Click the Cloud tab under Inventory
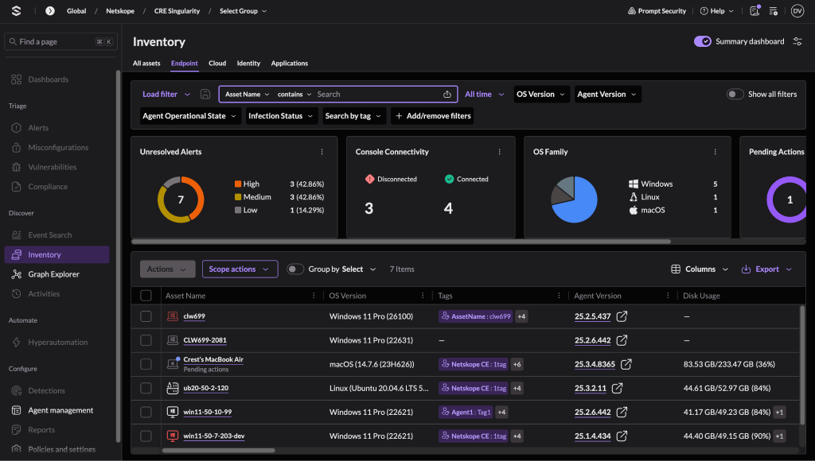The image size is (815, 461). pos(217,64)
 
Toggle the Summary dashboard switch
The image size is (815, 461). pos(702,41)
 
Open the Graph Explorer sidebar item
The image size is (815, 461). pos(53,274)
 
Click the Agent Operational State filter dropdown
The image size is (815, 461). pos(189,116)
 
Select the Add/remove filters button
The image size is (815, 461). pos(433,116)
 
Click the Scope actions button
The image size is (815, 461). pos(240,269)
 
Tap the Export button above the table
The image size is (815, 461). pos(766,269)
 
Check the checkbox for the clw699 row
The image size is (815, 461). pos(146,316)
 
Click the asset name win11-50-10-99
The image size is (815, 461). pos(208,412)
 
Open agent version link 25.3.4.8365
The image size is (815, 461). pos(595,365)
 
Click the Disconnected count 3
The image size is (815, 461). pos(369,208)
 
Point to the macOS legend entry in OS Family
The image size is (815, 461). pos(647,211)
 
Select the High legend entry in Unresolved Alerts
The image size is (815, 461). pos(247,184)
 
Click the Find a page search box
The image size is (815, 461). pos(60,41)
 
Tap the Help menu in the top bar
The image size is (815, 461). pos(717,11)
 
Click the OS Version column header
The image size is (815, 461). pos(347,296)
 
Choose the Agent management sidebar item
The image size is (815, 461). pos(60,410)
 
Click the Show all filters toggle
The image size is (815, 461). pos(735,94)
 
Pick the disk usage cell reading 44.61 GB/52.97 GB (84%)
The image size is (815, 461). pos(727,389)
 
